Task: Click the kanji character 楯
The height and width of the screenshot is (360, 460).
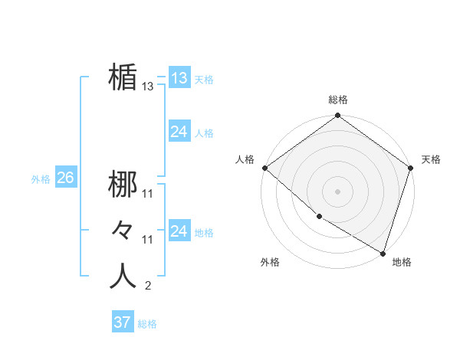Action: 123,78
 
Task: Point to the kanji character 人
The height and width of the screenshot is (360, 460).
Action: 123,277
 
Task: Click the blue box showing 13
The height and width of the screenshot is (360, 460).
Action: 179,78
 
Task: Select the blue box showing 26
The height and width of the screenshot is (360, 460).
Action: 65,178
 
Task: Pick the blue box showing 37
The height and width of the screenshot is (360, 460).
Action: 123,322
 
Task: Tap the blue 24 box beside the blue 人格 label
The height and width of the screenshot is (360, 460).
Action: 179,132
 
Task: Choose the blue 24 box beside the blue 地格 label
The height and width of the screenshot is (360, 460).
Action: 179,231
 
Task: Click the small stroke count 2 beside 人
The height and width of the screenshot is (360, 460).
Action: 147,286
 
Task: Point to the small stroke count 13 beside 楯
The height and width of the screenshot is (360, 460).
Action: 147,87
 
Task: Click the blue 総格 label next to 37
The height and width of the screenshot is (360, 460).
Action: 147,324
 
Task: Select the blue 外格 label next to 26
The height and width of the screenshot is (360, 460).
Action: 41,179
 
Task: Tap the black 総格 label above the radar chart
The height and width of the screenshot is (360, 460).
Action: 338,100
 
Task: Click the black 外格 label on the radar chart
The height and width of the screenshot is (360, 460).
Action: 270,262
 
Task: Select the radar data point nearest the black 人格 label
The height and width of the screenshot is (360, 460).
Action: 264,168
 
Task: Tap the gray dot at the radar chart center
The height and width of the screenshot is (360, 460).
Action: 338,191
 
